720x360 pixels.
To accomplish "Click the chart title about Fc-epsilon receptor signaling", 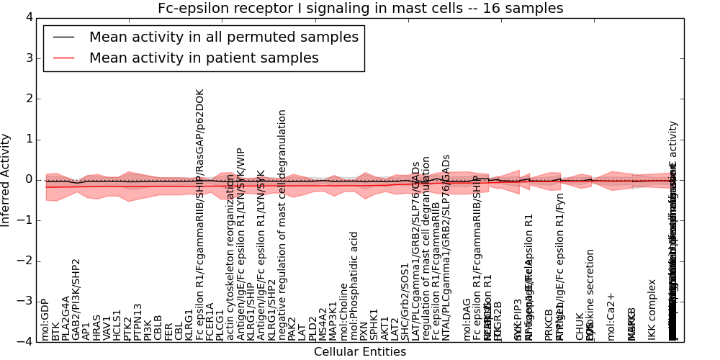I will click(x=361, y=9).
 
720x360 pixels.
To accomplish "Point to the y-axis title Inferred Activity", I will click(x=6, y=179).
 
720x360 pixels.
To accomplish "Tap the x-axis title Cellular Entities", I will click(x=360, y=351).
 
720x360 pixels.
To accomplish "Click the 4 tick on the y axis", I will click(x=28, y=17).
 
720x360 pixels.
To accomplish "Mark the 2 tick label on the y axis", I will click(x=28, y=99).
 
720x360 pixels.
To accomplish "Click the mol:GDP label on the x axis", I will click(x=45, y=320).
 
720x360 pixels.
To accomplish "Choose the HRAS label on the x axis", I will click(x=96, y=328).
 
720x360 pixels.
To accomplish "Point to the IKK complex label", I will click(x=652, y=310).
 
